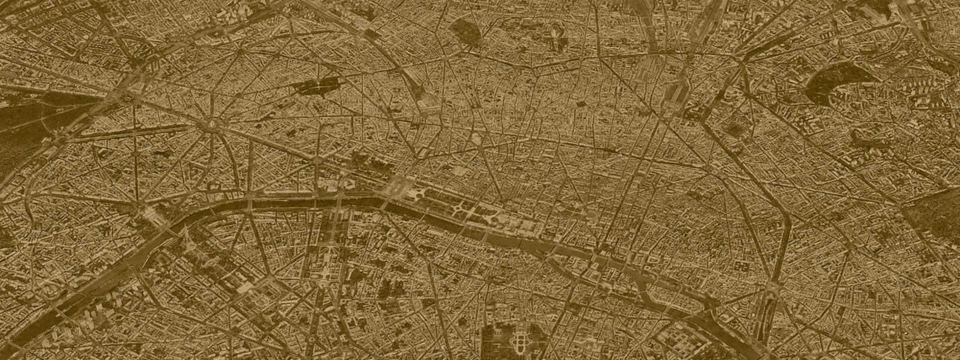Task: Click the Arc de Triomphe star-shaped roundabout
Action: pos(211,124)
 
